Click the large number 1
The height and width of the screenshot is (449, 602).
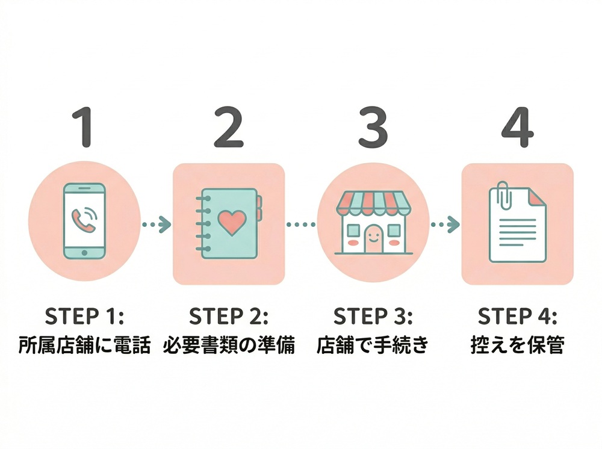click(85, 128)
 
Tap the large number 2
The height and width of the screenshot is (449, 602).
click(229, 128)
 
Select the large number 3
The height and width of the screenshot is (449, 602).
click(373, 128)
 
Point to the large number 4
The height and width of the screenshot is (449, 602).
click(517, 128)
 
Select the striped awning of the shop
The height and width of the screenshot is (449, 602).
click(373, 203)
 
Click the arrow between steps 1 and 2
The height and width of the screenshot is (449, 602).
click(157, 224)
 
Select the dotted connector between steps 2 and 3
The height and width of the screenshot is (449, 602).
click(301, 224)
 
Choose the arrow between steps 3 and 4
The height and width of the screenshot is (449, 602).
click(445, 224)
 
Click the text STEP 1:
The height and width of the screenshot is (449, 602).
click(85, 316)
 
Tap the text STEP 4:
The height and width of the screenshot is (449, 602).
click(517, 316)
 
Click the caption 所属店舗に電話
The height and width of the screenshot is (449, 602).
click(85, 346)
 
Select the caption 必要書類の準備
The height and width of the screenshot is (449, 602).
click(229, 346)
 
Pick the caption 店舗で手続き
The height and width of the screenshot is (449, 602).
click(373, 346)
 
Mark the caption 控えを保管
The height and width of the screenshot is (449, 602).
click(517, 346)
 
